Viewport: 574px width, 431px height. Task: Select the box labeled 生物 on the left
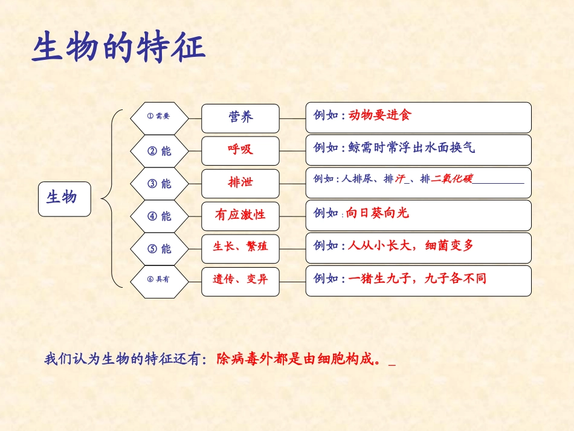click(64, 198)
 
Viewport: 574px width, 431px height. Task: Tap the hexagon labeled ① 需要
click(160, 117)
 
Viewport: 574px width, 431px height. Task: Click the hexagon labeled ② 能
click(160, 151)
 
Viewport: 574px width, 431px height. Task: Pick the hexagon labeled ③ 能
click(160, 183)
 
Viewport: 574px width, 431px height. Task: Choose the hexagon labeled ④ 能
click(160, 216)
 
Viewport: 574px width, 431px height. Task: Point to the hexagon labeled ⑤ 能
click(160, 248)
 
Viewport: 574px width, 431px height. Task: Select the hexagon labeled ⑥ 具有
click(160, 280)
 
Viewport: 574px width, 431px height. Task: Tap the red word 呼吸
click(240, 150)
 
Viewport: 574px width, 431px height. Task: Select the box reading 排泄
click(240, 183)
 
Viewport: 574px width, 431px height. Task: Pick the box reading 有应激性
click(240, 215)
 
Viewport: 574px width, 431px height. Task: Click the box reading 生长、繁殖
click(240, 247)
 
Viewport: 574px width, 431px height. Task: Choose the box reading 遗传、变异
click(240, 280)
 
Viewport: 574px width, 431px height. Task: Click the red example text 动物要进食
click(379, 115)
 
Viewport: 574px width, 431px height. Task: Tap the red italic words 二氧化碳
click(452, 179)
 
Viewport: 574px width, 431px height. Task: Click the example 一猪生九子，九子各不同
click(417, 279)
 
